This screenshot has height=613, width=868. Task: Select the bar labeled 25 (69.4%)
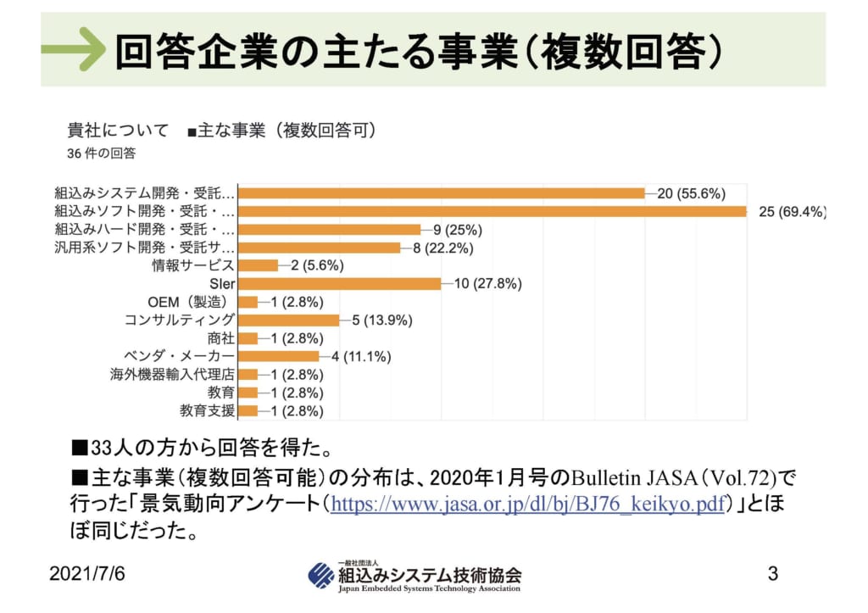(x=492, y=211)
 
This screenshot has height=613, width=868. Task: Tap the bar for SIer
(x=339, y=283)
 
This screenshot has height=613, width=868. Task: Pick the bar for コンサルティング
(x=288, y=320)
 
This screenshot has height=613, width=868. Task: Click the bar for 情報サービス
(x=258, y=265)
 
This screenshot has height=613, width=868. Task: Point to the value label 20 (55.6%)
(x=691, y=193)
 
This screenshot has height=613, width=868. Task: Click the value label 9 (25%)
(x=458, y=230)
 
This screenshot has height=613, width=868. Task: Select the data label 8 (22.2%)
(x=442, y=248)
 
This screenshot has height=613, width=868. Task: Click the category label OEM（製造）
(x=190, y=302)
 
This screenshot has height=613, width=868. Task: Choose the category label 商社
(x=220, y=338)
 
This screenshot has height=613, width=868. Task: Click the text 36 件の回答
(x=101, y=153)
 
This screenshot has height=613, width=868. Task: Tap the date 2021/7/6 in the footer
(x=86, y=574)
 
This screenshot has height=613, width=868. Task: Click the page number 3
(x=772, y=573)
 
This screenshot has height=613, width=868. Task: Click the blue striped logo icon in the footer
(x=321, y=576)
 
